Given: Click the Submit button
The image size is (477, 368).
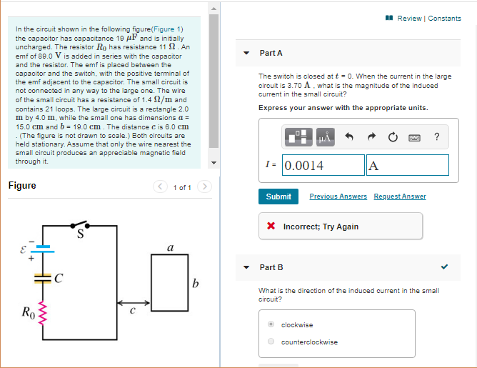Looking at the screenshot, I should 278,197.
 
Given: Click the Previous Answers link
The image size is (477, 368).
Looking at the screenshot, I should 338,197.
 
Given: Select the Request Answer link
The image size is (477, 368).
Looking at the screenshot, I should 399,197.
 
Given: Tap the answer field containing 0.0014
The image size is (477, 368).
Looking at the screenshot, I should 323,165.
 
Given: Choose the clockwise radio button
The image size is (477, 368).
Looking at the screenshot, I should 271,324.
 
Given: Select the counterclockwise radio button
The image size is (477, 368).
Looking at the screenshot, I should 271,342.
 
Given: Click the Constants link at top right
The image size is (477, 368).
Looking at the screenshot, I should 444,18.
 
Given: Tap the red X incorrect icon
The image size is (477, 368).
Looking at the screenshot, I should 271,227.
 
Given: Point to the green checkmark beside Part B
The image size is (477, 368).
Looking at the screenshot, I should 446,267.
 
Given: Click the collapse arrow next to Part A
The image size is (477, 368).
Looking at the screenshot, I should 246,53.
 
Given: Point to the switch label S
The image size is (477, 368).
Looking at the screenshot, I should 80,230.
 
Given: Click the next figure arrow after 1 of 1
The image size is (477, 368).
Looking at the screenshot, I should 204,187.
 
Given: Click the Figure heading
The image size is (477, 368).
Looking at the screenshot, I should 22,186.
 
